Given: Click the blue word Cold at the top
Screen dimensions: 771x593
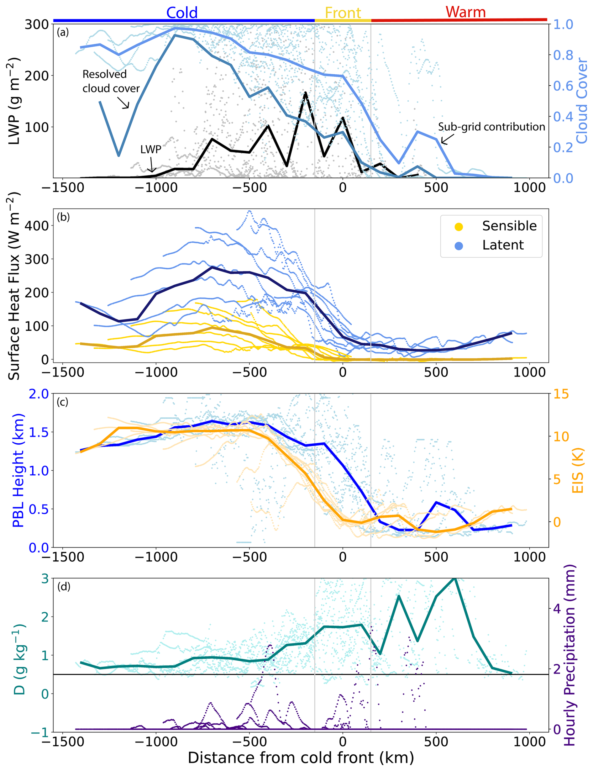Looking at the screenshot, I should tap(182, 13).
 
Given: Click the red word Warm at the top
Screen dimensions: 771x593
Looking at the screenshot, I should tap(465, 12).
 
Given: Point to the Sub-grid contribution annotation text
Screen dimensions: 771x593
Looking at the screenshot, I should tap(491, 127).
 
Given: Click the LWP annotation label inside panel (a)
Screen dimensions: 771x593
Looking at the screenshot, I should tap(151, 149).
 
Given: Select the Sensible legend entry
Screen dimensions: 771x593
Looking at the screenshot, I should tap(509, 226).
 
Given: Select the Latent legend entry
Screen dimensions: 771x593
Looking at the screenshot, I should tap(503, 245).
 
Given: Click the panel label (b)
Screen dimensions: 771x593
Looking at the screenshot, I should tap(63, 217).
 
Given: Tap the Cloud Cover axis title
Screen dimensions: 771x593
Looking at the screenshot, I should tap(582, 101).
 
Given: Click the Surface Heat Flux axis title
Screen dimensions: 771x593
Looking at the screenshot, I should tap(13, 286).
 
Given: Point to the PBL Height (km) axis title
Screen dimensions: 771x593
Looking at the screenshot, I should tap(18, 471).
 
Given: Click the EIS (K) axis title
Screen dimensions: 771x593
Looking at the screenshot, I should tap(577, 471).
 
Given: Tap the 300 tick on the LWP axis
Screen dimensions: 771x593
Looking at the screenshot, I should tap(36, 24).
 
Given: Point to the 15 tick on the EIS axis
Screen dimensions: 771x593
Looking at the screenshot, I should tap(561, 394).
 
